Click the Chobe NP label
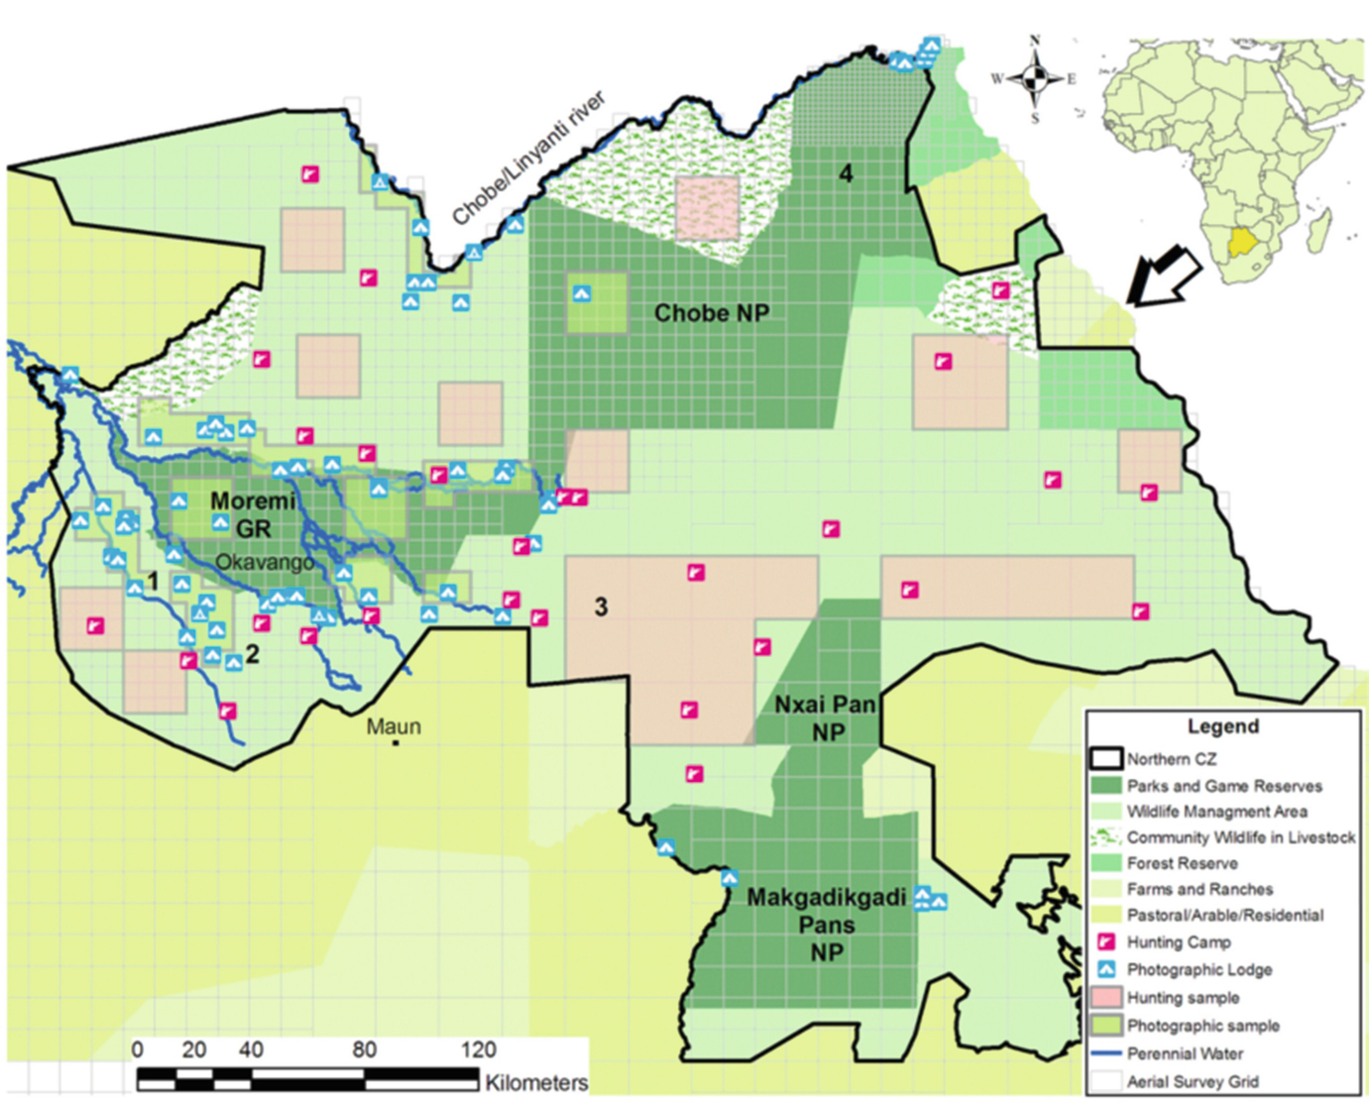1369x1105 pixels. click(x=711, y=313)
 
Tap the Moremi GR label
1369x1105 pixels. click(x=253, y=514)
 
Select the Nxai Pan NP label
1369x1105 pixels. click(x=826, y=718)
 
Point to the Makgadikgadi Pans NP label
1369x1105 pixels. click(x=827, y=925)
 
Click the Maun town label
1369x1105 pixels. click(x=394, y=726)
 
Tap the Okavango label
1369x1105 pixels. click(x=265, y=562)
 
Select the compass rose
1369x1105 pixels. click(x=1035, y=78)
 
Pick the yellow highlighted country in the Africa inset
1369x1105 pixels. click(x=1240, y=240)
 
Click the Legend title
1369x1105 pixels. click(x=1222, y=726)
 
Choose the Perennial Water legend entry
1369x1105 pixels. click(x=1185, y=1053)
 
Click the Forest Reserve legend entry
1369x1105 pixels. click(x=1182, y=863)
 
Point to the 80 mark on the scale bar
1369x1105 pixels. click(x=364, y=1050)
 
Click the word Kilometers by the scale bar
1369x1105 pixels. click(x=535, y=1082)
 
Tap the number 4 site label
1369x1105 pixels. click(x=846, y=174)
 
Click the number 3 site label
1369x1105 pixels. click(x=601, y=607)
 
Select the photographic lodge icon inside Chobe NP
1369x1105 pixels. click(x=582, y=293)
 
